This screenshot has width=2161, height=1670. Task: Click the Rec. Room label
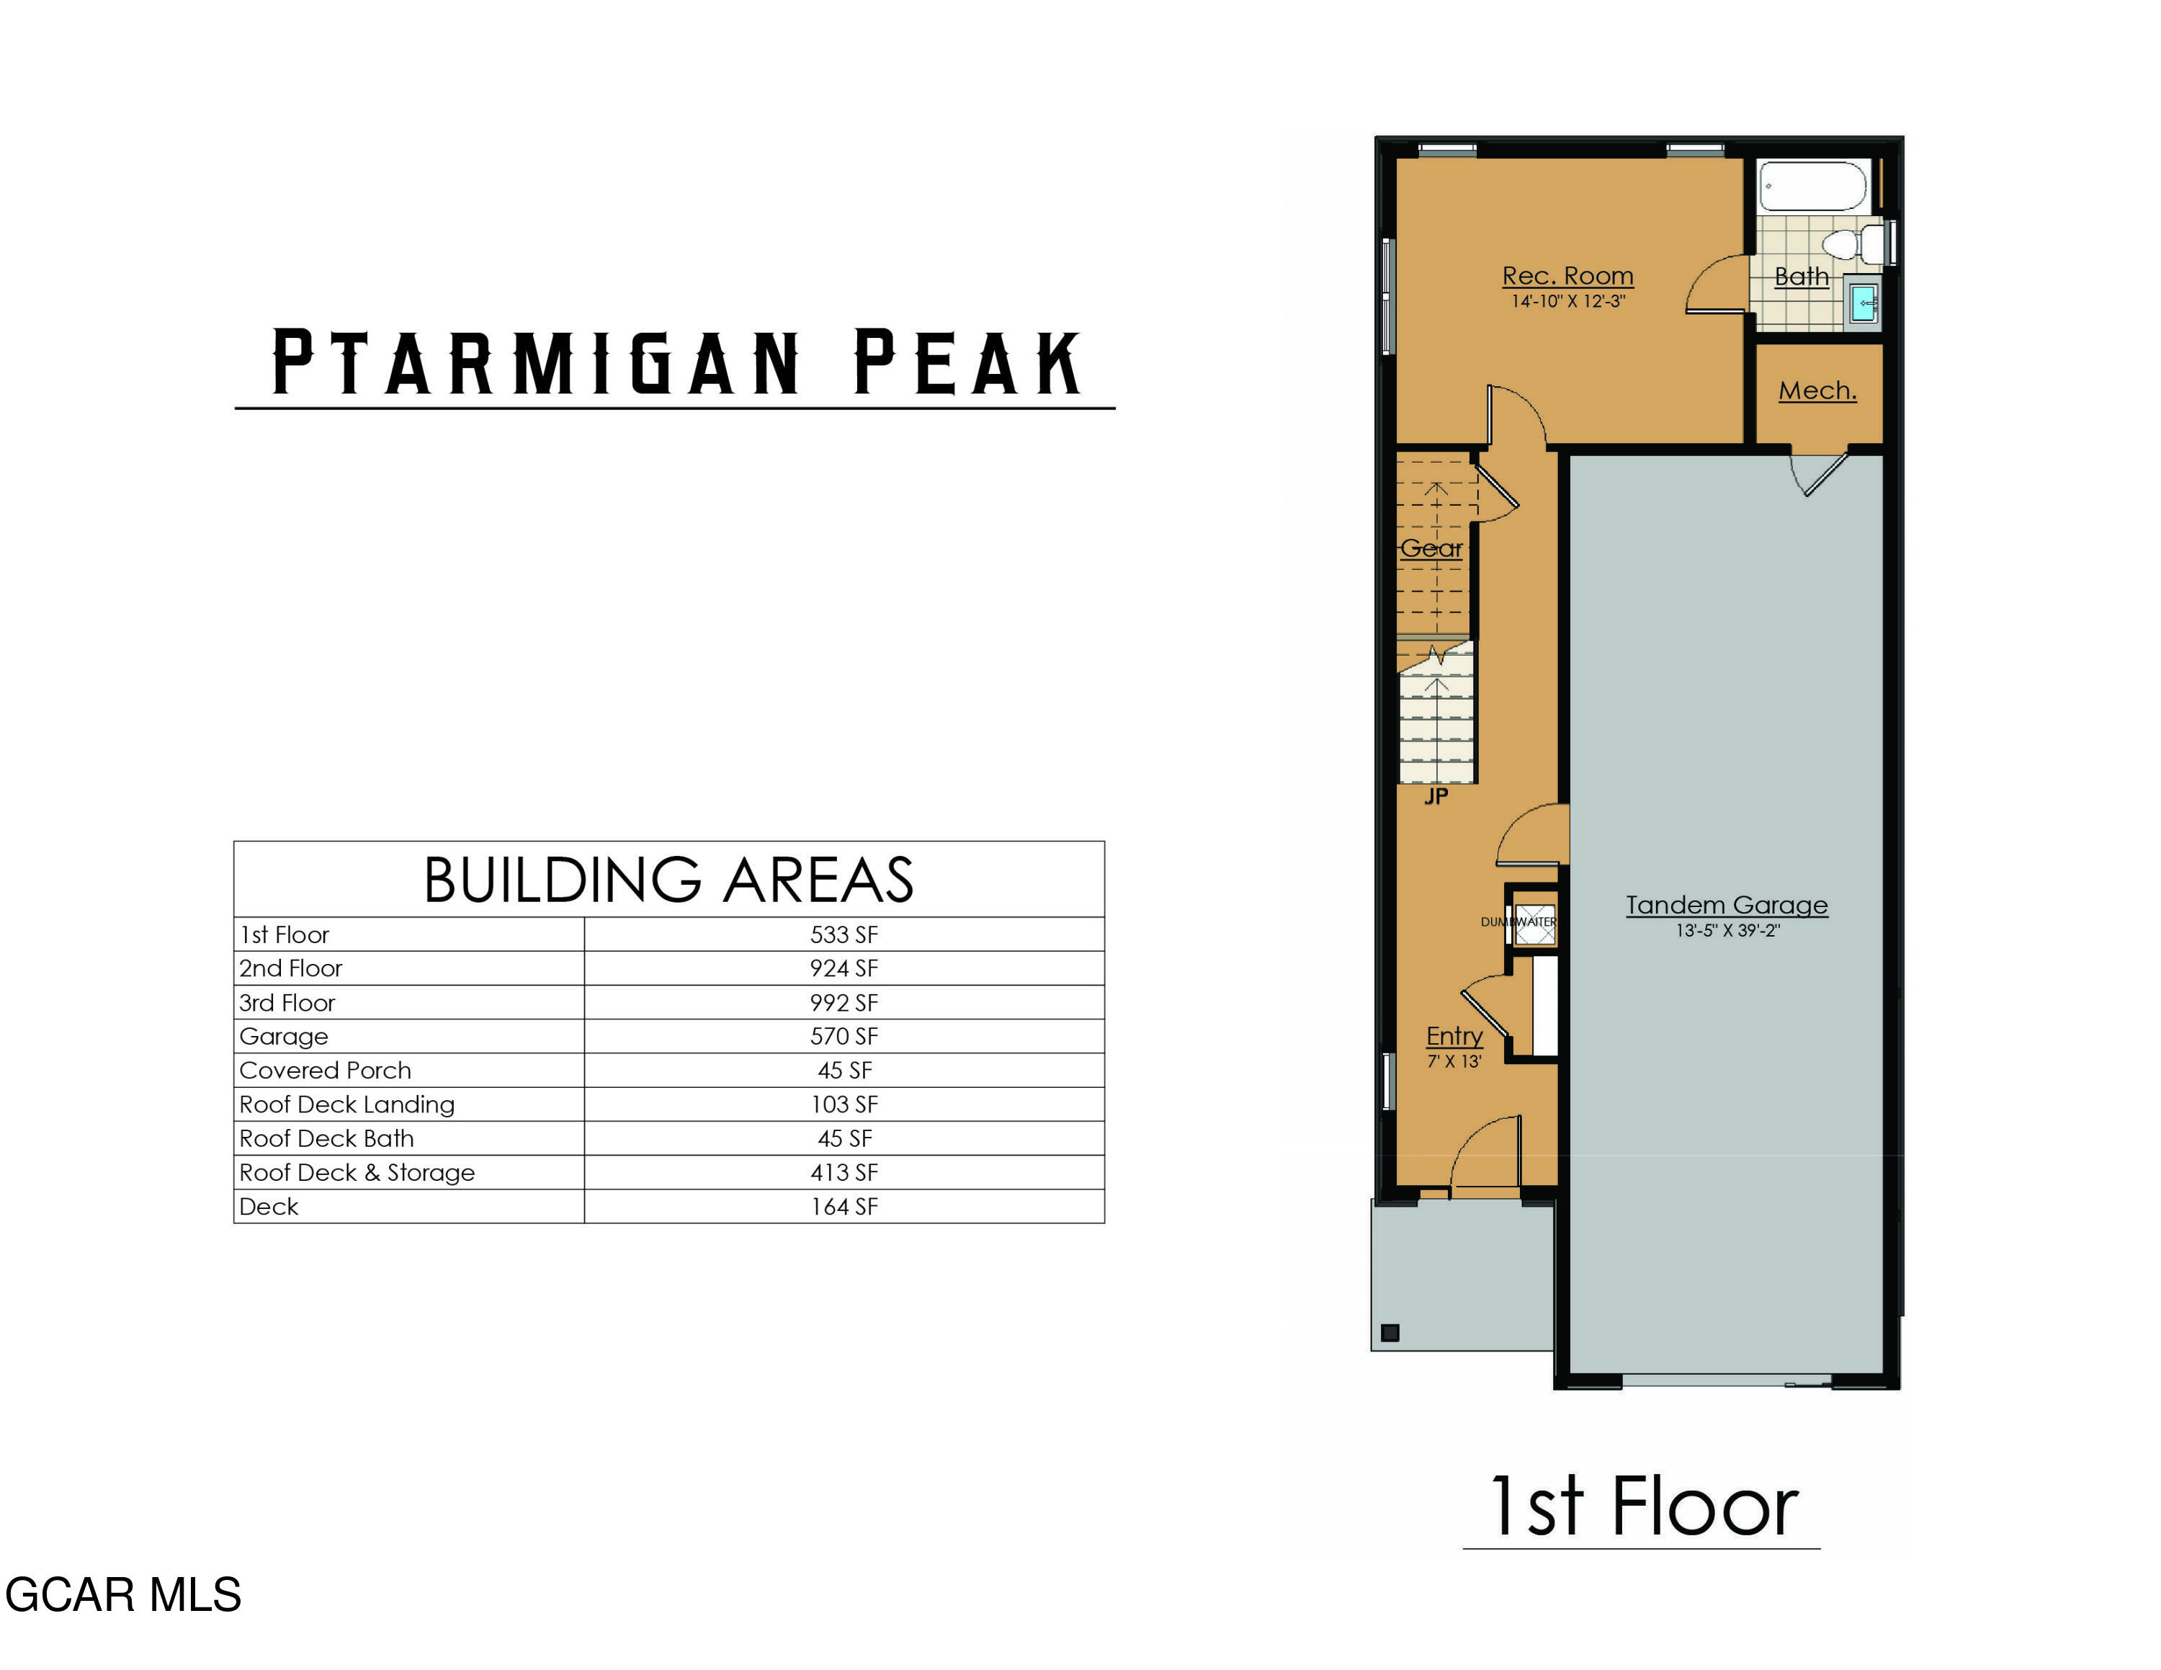[1567, 276]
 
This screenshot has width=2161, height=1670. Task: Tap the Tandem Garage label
[1727, 905]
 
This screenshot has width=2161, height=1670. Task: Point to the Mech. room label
[1817, 390]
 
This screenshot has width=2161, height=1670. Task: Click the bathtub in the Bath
[1812, 186]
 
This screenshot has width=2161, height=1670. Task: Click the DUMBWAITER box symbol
[1534, 923]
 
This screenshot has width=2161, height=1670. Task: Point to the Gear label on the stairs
[1431, 548]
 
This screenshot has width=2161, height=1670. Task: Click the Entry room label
[1454, 1036]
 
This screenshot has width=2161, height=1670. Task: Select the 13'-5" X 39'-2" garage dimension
[1727, 931]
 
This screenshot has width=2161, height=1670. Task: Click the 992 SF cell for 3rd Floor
[844, 1002]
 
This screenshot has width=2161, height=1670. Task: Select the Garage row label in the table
[284, 1037]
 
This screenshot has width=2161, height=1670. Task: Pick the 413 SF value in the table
[844, 1172]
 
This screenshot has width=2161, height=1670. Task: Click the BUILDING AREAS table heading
[669, 880]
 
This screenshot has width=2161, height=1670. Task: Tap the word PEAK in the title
[967, 362]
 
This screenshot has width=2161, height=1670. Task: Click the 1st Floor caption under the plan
[1642, 1506]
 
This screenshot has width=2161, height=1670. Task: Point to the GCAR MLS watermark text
[122, 1595]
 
